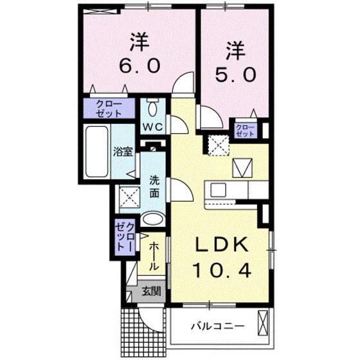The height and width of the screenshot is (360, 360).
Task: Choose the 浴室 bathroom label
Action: pyautogui.click(x=123, y=152)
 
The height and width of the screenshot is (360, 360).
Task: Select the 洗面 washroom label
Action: pyautogui.click(x=155, y=186)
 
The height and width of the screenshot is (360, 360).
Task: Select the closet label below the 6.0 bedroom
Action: pyautogui.click(x=110, y=107)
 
